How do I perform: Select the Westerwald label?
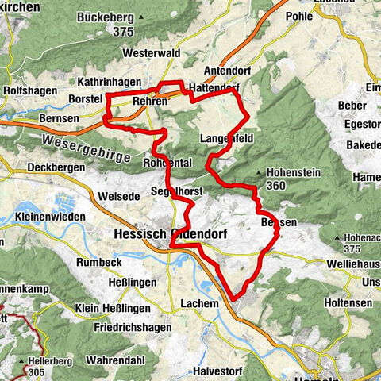pyautogui.click(x=152, y=53)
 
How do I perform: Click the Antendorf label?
pyautogui.click(x=227, y=69)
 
